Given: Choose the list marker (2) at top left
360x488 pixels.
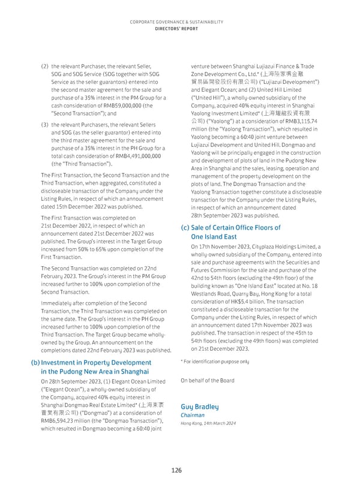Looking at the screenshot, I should pyautogui.click(x=44, y=66).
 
